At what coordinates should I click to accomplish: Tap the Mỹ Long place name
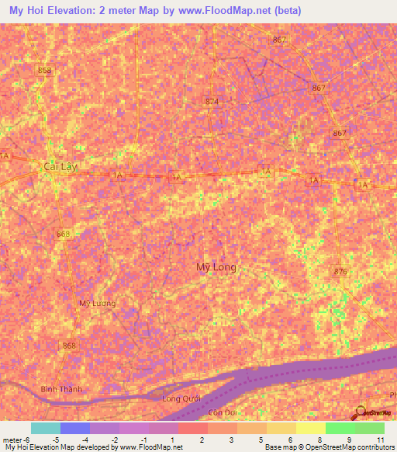[216, 267]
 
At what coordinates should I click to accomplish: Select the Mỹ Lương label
[97, 303]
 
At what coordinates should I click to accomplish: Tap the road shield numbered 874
[212, 102]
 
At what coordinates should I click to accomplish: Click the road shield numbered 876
[340, 271]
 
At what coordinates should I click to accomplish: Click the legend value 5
[252, 440]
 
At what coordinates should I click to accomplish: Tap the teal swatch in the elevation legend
[46, 428]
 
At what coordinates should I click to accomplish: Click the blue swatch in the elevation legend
[75, 428]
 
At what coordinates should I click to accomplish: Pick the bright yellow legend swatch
[311, 428]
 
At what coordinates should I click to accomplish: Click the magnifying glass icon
[361, 413]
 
